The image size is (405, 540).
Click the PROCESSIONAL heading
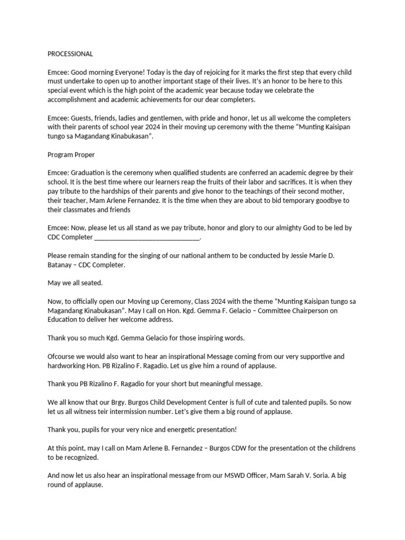click(70, 54)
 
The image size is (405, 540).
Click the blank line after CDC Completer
click(147, 237)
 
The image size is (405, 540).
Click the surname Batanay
click(62, 265)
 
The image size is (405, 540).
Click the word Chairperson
click(310, 311)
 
